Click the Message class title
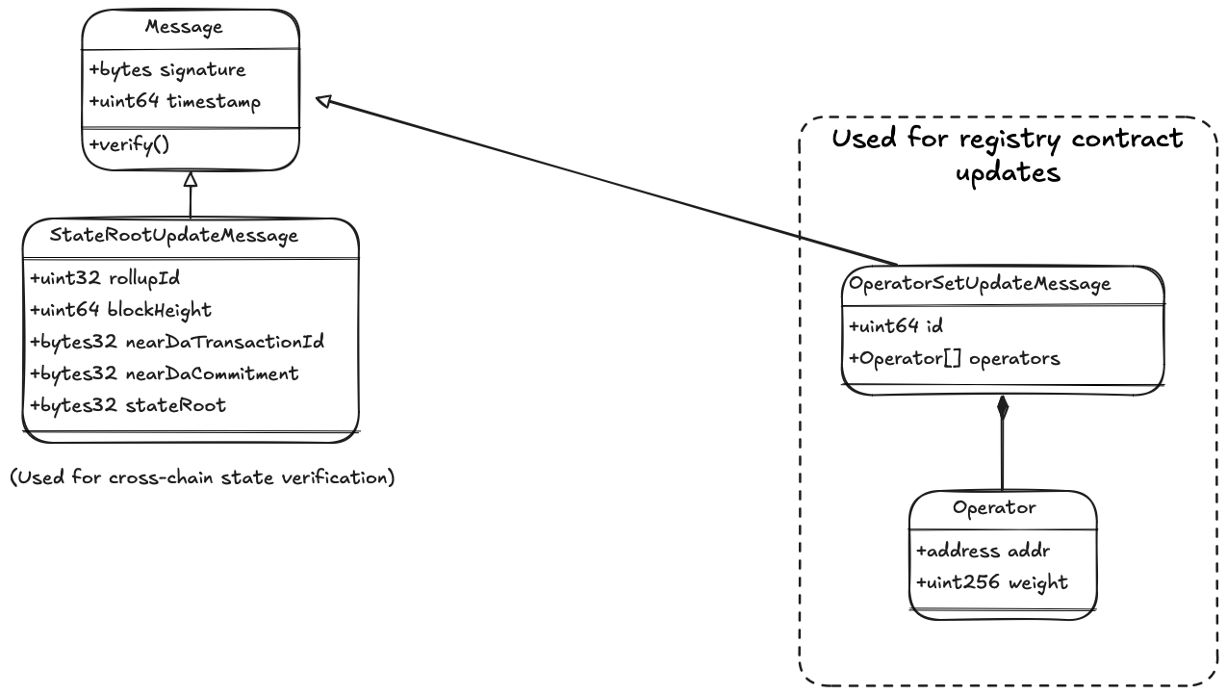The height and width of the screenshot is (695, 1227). pyautogui.click(x=184, y=27)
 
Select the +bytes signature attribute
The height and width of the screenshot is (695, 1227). pyautogui.click(x=167, y=70)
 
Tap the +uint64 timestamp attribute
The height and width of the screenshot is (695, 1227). pyautogui.click(x=175, y=102)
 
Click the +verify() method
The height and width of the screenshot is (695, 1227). pyautogui.click(x=129, y=144)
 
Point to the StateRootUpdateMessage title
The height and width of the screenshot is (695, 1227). pyautogui.click(x=174, y=236)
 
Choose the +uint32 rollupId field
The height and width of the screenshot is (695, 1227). pyautogui.click(x=105, y=278)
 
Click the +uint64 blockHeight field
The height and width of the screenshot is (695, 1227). pyautogui.click(x=120, y=310)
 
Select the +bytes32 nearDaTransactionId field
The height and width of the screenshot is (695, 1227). pyautogui.click(x=177, y=342)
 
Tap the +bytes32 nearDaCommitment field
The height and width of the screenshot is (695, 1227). pyautogui.click(x=165, y=373)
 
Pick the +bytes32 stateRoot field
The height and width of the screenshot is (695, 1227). pyautogui.click(x=128, y=405)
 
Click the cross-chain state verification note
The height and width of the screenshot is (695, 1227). pyautogui.click(x=202, y=477)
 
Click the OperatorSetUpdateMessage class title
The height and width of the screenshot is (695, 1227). pyautogui.click(x=980, y=284)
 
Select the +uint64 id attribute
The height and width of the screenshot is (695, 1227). pyautogui.click(x=896, y=326)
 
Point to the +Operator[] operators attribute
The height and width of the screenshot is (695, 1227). pyautogui.click(x=955, y=358)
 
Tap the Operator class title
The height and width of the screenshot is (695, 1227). pyautogui.click(x=994, y=508)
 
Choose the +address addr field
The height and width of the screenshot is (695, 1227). pyautogui.click(x=984, y=551)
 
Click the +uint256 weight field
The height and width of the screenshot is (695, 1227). pyautogui.click(x=992, y=582)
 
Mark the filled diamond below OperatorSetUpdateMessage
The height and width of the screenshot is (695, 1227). pyautogui.click(x=1003, y=408)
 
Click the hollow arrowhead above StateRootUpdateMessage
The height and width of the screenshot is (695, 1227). pyautogui.click(x=191, y=179)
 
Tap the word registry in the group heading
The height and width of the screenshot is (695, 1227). pyautogui.click(x=1010, y=140)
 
